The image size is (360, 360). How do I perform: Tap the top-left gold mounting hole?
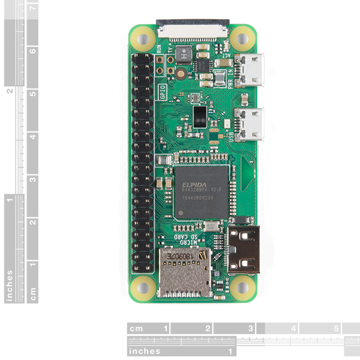click(x=143, y=38)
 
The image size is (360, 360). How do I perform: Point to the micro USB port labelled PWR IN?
click(x=249, y=71)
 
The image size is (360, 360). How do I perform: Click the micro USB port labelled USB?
click(x=249, y=124)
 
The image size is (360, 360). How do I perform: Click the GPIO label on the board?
click(x=162, y=92)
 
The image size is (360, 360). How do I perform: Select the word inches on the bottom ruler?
click(x=145, y=351)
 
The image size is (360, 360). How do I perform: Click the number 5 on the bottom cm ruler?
click(x=336, y=329)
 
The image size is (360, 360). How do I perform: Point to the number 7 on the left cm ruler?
click(x=32, y=8)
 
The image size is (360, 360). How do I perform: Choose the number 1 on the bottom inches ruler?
click(x=229, y=351)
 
